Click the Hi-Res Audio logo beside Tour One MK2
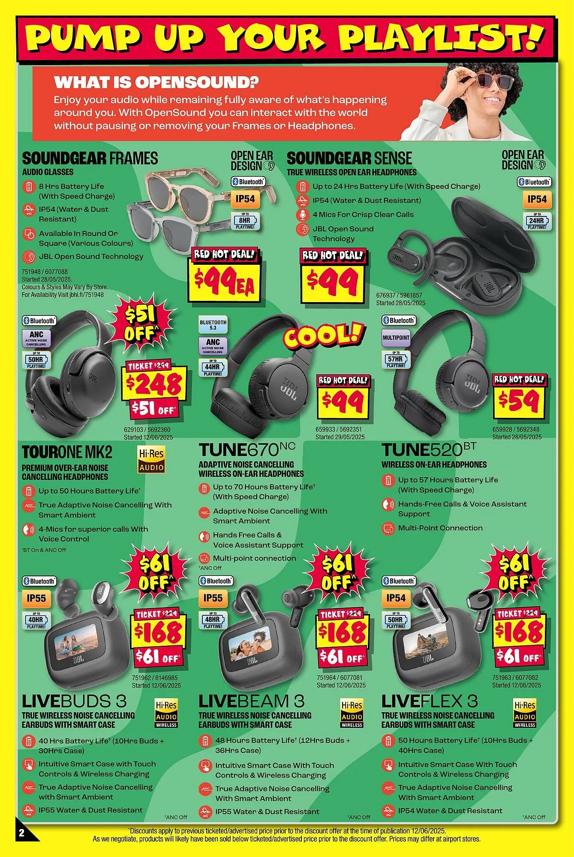(x=151, y=460)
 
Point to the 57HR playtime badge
(x=396, y=360)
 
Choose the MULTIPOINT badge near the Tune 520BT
(x=396, y=338)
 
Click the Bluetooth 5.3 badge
(x=213, y=325)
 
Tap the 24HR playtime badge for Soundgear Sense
(x=537, y=222)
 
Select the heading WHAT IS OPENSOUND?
(x=156, y=82)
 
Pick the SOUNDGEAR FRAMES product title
(x=90, y=159)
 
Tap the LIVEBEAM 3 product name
(x=252, y=701)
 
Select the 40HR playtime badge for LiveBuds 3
(x=36, y=620)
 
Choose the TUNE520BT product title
(x=429, y=450)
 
